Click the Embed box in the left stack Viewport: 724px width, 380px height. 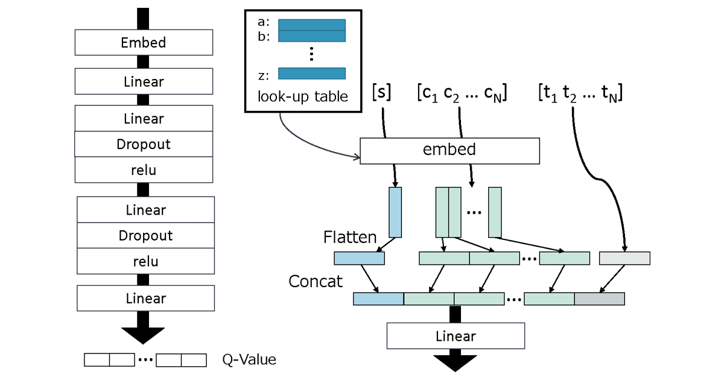pyautogui.click(x=144, y=43)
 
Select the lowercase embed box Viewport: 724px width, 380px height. pyautogui.click(x=449, y=150)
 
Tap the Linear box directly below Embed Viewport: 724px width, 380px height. pyautogui.click(x=144, y=81)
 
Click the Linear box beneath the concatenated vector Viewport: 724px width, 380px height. pyautogui.click(x=456, y=336)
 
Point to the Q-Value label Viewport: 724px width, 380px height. pyautogui.click(x=249, y=360)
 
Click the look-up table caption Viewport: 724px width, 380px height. pyautogui.click(x=303, y=97)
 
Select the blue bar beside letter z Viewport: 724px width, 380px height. pyautogui.click(x=312, y=74)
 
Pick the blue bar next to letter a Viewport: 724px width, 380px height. pyautogui.click(x=312, y=25)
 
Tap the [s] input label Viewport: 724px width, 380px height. pyautogui.click(x=381, y=93)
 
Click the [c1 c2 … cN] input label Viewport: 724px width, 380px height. pyautogui.click(x=462, y=93)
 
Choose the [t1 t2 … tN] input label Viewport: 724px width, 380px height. pyautogui.click(x=580, y=93)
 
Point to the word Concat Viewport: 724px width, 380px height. pyautogui.click(x=316, y=281)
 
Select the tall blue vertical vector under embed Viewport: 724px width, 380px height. pyautogui.click(x=395, y=212)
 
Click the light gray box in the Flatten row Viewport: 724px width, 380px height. pyautogui.click(x=624, y=258)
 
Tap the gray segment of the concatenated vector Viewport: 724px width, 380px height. pyautogui.click(x=599, y=299)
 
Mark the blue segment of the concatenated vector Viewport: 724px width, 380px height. pyautogui.click(x=378, y=299)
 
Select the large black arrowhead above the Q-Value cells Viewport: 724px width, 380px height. pyautogui.click(x=143, y=334)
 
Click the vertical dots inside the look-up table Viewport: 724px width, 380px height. pyautogui.click(x=311, y=54)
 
